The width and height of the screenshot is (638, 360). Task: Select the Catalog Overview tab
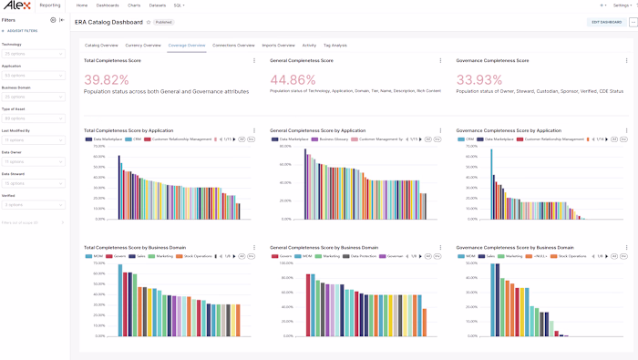101,45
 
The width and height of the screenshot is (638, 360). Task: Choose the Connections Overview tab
233,45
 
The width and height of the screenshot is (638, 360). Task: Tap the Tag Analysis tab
334,45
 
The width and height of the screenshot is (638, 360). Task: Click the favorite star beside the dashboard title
148,22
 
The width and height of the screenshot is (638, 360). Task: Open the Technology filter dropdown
33,54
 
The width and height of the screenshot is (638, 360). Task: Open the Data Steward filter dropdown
33,183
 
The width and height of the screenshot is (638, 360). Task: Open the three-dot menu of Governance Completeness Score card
626,61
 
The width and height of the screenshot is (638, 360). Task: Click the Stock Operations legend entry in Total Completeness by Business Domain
197,256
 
